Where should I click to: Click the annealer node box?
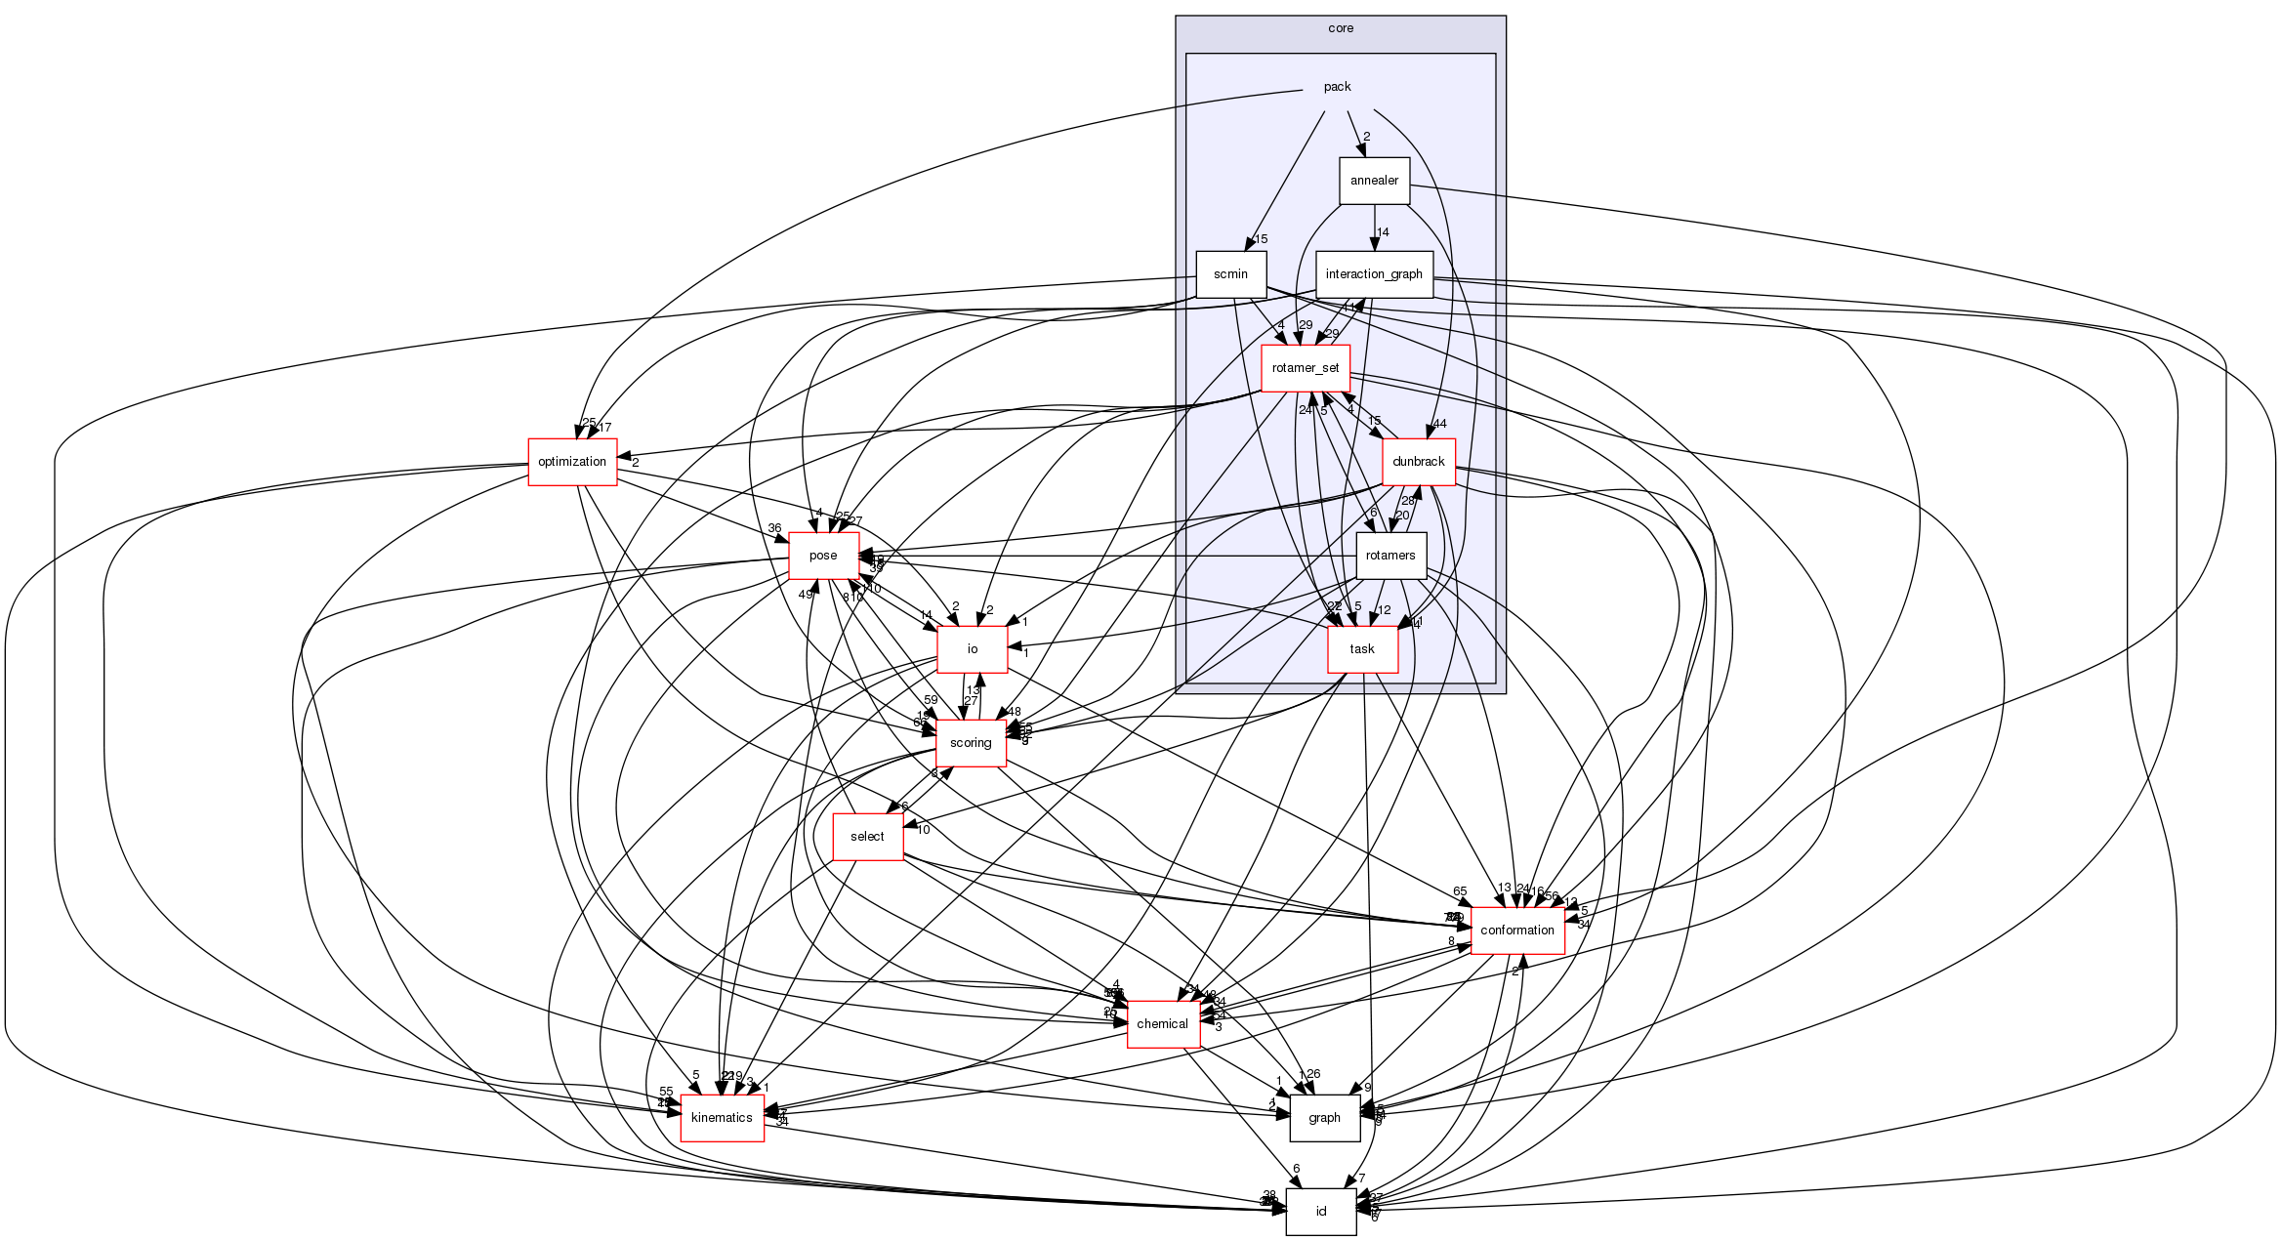point(1374,181)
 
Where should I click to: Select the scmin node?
point(1230,274)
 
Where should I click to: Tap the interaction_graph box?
point(1374,274)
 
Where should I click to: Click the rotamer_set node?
point(1306,368)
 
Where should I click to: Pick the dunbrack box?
point(1418,462)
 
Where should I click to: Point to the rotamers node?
point(1390,556)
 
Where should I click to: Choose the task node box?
point(1362,649)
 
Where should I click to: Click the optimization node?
point(572,462)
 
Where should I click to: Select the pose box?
point(823,556)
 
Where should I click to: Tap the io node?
point(972,649)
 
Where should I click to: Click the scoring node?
point(971,743)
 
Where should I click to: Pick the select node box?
point(867,837)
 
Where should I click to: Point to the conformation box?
point(1516,931)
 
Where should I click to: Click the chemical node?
point(1162,1024)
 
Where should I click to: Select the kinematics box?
point(722,1118)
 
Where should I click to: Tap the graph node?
point(1324,1118)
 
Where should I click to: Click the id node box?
point(1320,1212)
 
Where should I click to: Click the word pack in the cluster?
point(1337,87)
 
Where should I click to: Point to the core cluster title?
point(1341,28)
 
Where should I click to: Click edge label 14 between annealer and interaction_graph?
point(1383,232)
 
